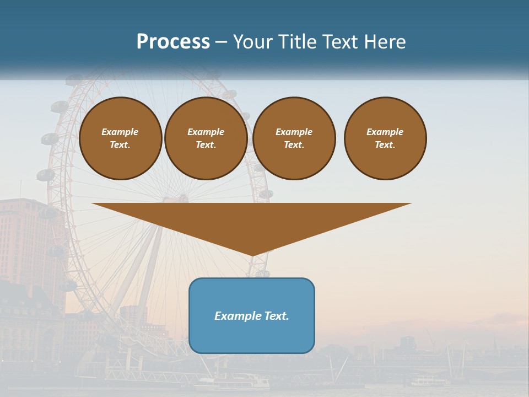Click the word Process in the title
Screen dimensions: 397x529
tap(173, 42)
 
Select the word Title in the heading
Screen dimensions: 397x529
tap(299, 42)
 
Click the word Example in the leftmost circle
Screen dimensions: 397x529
tap(120, 132)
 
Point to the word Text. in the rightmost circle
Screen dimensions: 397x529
tap(385, 144)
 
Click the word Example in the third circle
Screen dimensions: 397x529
tap(294, 132)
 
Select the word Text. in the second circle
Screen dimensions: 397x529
tap(206, 144)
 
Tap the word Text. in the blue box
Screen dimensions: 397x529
tap(276, 316)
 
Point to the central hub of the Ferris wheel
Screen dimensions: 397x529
tap(182, 198)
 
